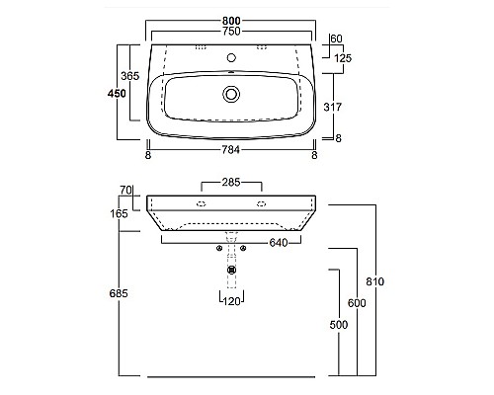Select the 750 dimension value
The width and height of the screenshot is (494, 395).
(x=231, y=31)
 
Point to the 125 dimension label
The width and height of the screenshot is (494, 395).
(x=343, y=58)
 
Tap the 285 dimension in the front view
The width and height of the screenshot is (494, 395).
(x=231, y=183)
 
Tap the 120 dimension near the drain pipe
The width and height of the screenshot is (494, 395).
(x=231, y=300)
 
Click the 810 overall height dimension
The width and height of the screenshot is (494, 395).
(x=373, y=281)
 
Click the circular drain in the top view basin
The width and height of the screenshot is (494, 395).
(x=231, y=94)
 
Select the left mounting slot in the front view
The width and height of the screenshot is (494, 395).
(x=200, y=204)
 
